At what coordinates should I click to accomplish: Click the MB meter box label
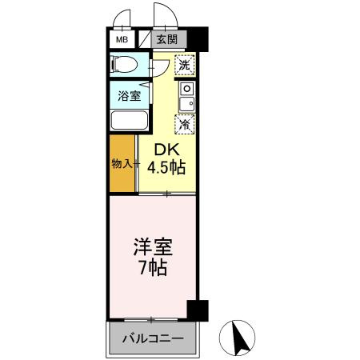click(x=122, y=39)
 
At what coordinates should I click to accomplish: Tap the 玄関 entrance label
click(x=166, y=39)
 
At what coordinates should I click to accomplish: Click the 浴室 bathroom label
click(x=130, y=96)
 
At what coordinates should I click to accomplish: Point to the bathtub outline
click(x=130, y=120)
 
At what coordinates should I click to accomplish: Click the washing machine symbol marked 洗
click(x=185, y=65)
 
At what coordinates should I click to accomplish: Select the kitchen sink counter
click(x=186, y=95)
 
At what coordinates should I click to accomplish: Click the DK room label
click(x=166, y=150)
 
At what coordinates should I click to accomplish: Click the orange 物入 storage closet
click(x=122, y=164)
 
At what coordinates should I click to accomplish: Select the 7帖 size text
click(x=151, y=268)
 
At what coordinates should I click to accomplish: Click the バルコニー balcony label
click(x=152, y=338)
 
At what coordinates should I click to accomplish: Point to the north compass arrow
click(x=238, y=338)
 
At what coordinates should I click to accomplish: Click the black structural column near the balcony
click(x=198, y=309)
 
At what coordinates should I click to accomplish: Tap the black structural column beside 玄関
click(x=197, y=39)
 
